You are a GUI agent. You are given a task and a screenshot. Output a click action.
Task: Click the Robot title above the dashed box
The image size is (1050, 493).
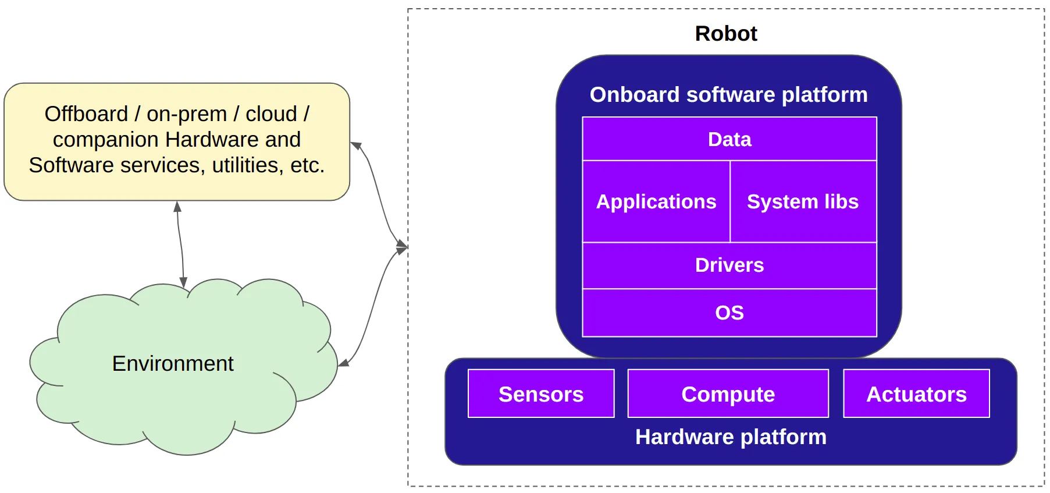tap(726, 34)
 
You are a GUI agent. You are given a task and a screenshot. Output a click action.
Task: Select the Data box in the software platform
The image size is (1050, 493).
tap(729, 140)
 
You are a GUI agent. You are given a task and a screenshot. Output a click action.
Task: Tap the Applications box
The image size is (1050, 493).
tap(656, 201)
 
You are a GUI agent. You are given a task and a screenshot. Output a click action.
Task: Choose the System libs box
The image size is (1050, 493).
tap(803, 201)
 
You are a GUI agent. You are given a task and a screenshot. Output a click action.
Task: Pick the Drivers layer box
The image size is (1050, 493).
tap(729, 265)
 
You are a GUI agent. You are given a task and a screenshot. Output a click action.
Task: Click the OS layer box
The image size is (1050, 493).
tap(729, 313)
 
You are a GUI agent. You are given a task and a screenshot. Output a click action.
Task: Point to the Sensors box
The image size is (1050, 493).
tap(541, 394)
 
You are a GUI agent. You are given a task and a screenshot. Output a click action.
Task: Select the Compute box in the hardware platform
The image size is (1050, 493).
tap(728, 394)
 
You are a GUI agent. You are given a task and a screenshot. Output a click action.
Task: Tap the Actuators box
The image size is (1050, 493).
tap(916, 394)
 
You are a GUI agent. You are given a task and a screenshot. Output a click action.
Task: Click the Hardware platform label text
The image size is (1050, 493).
tap(731, 437)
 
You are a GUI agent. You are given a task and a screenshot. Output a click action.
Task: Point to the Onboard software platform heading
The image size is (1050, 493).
tap(728, 95)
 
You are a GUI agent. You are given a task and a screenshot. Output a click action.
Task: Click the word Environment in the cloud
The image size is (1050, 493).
tap(173, 364)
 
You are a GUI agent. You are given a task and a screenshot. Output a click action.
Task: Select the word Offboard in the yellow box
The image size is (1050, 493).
tap(86, 114)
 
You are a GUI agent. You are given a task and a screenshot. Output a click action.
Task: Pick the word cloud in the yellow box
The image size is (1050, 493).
tap(271, 114)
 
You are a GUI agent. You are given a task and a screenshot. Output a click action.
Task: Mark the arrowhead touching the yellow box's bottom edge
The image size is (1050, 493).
tap(177, 206)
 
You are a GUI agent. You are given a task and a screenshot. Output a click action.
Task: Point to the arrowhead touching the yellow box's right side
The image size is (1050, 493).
tap(355, 145)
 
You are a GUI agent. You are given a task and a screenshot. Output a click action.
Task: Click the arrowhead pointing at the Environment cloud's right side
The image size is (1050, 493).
tap(343, 363)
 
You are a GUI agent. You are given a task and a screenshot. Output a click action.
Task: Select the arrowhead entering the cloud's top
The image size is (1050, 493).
tap(183, 282)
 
